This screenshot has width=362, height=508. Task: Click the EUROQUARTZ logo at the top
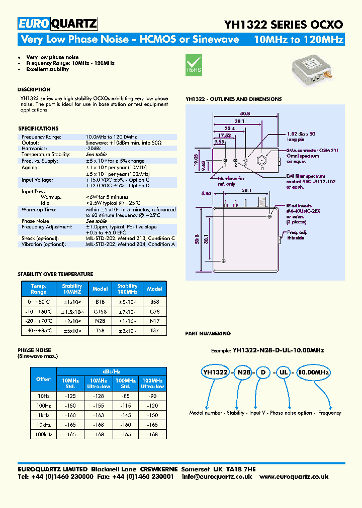coord(58,24)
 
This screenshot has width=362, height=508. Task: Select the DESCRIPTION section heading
coord(34,90)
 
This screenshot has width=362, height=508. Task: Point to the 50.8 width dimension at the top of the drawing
coord(245,113)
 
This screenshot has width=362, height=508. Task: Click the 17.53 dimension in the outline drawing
coord(225,135)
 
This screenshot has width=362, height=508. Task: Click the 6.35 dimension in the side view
coord(205,192)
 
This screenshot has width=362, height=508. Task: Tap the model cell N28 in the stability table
coord(100,320)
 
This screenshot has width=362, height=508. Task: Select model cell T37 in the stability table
coord(154,331)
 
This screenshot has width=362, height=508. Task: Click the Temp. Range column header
coord(39,289)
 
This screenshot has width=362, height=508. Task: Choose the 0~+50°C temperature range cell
coord(39,302)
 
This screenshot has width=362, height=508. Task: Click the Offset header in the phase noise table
coord(44,379)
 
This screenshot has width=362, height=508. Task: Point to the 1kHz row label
coord(44,415)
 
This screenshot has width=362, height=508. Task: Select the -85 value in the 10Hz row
coord(126,397)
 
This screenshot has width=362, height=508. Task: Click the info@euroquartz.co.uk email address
coord(217,477)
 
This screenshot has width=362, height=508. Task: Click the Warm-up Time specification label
coord(39,209)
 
